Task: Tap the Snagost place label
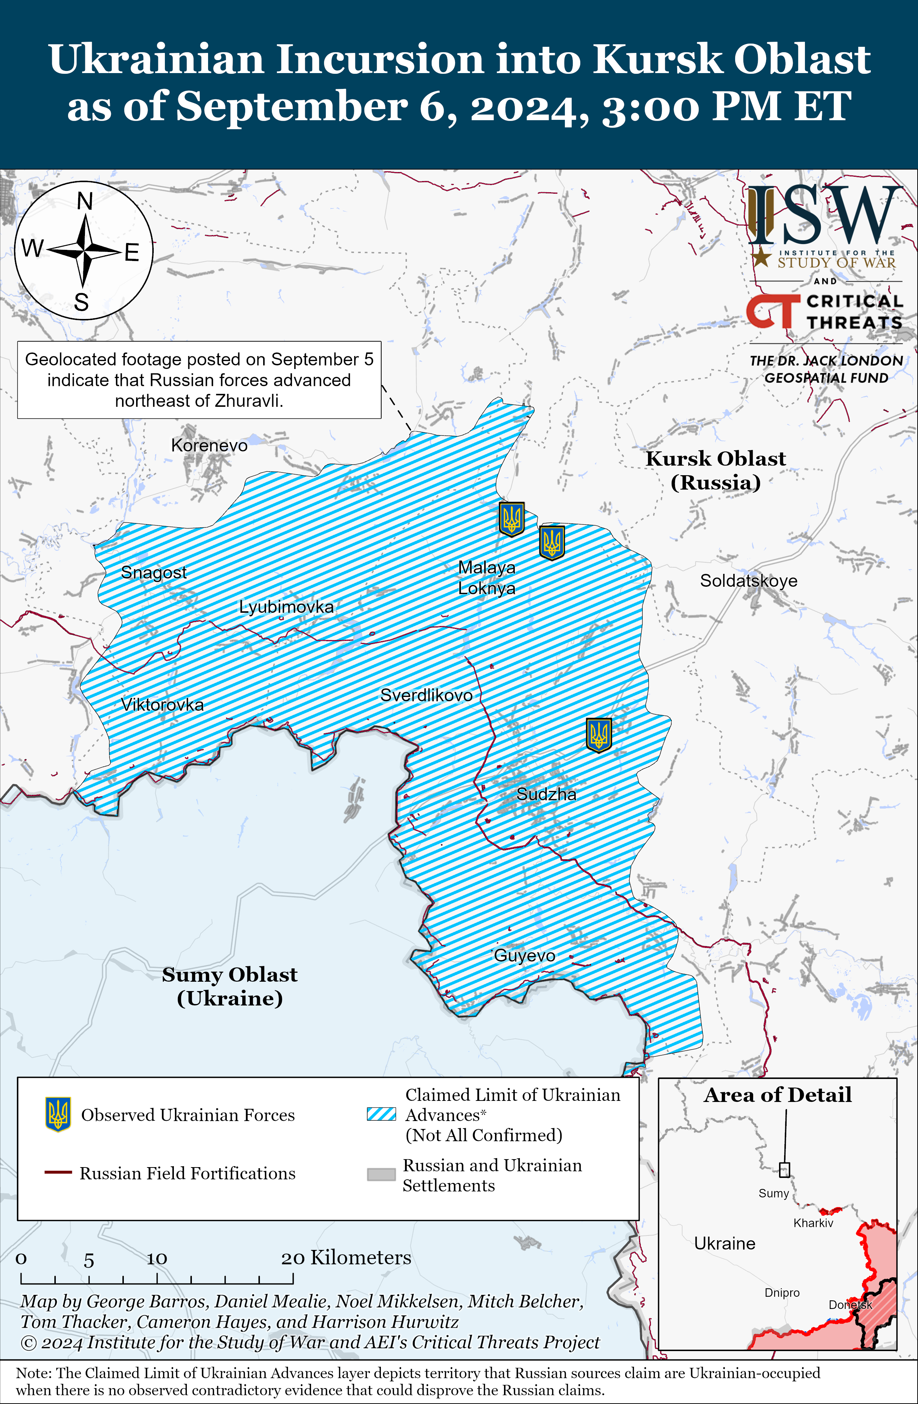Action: pyautogui.click(x=153, y=572)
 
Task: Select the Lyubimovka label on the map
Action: pyautogui.click(x=286, y=607)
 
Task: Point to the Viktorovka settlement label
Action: pyautogui.click(x=162, y=705)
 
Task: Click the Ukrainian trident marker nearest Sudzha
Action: pyautogui.click(x=598, y=734)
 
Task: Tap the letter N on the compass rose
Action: pyautogui.click(x=85, y=202)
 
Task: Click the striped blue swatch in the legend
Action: pyautogui.click(x=381, y=1114)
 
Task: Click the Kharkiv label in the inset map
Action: pyautogui.click(x=813, y=1223)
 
